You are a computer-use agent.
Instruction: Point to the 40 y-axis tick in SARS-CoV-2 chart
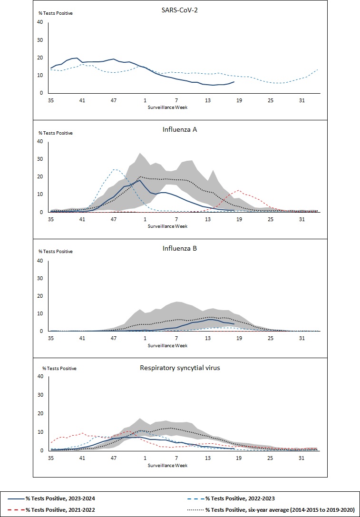(40, 22)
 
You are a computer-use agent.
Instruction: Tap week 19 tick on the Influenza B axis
(239, 338)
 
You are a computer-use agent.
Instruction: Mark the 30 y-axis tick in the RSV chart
(40, 395)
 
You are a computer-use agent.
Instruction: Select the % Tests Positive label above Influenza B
(55, 251)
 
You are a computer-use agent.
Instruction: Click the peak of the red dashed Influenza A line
(239, 190)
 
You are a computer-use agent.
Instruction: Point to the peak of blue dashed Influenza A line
(115, 169)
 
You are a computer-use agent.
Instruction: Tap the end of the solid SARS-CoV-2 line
(234, 82)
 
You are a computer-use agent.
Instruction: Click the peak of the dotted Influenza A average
(140, 177)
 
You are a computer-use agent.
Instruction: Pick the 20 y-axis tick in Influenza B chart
(40, 296)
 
